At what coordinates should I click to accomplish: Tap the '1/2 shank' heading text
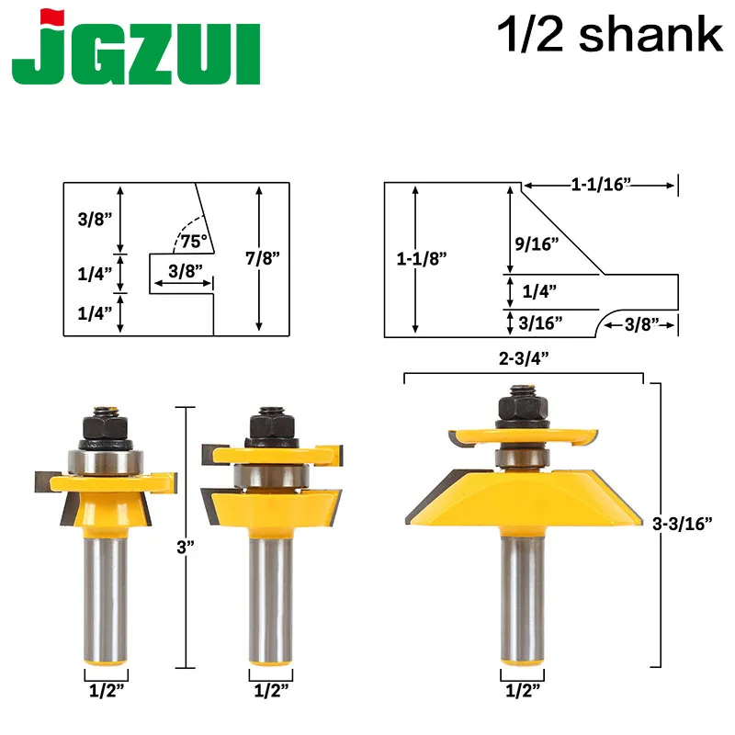(609, 35)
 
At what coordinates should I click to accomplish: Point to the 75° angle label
(194, 243)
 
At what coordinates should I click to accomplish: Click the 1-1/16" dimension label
(602, 185)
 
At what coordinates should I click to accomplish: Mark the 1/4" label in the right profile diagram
(539, 290)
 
